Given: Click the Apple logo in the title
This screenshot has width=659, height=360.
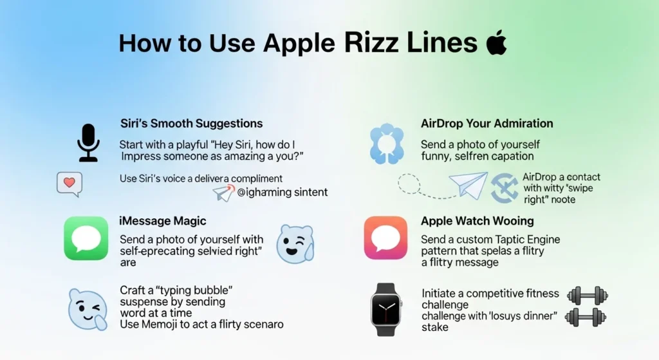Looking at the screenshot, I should [496, 43].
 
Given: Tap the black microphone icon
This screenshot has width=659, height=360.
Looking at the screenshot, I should [88, 142].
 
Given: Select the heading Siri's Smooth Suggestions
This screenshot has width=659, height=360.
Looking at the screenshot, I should [191, 123].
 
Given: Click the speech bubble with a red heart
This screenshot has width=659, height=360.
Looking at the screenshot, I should [70, 184].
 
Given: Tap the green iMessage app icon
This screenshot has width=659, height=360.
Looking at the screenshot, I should [86, 238].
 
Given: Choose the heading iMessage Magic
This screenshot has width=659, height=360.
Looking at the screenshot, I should [163, 221].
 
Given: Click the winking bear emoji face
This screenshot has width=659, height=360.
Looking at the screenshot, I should [294, 243].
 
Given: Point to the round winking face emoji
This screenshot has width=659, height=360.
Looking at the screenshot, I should [88, 310].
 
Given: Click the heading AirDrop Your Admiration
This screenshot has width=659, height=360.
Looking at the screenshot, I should [487, 123].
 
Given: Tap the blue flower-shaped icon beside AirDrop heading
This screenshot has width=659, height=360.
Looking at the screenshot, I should [387, 143].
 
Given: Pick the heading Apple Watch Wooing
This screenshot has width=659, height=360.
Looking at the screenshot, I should [477, 221].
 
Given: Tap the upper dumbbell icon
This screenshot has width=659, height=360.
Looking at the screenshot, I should [587, 296].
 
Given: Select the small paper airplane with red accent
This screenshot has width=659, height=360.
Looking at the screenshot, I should [223, 193].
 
